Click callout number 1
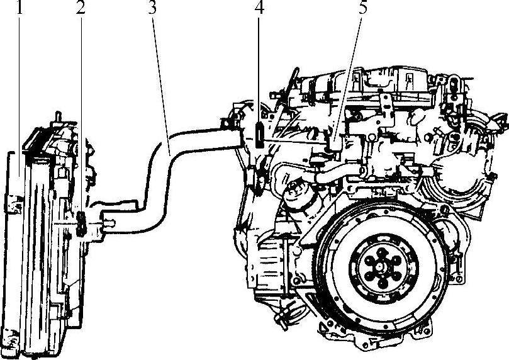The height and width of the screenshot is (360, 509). [x=20, y=8]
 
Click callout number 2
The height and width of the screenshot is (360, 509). [x=81, y=8]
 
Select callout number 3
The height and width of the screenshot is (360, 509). [x=152, y=8]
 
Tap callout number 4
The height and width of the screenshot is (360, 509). [x=259, y=8]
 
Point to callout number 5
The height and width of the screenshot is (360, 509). [x=363, y=8]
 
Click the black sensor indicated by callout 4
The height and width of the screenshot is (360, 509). [x=259, y=135]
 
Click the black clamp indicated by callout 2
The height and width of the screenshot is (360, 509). [x=81, y=224]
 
